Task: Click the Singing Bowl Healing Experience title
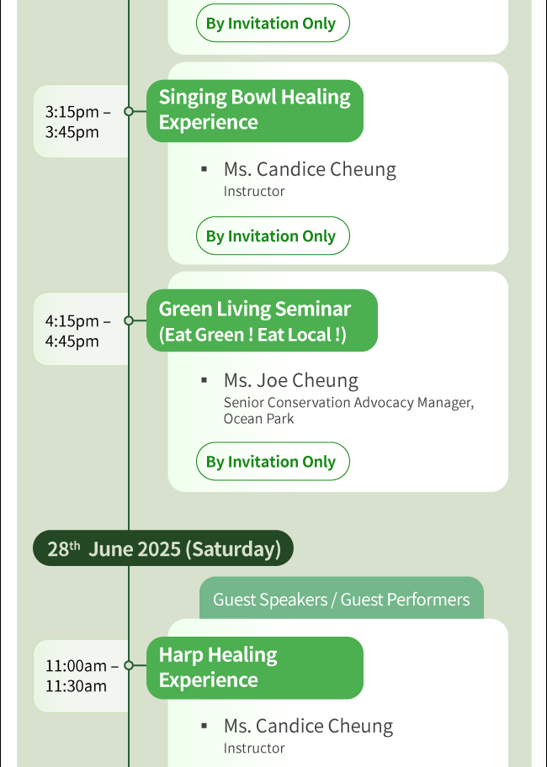[x=255, y=111]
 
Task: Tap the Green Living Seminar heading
[x=263, y=320]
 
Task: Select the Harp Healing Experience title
[x=255, y=668]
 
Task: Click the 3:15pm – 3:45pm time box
[x=81, y=121]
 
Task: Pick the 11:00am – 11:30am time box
[x=81, y=676]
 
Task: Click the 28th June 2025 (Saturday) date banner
[x=163, y=548]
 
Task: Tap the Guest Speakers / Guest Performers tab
[x=342, y=598]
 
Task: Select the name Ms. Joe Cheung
[x=291, y=380]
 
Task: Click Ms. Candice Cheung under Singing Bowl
[x=310, y=169]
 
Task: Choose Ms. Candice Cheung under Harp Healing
[x=308, y=727]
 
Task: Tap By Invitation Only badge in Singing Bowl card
[x=273, y=235]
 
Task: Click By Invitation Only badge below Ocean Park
[x=273, y=461]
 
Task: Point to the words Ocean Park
[x=259, y=419]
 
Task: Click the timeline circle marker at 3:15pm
[x=129, y=112]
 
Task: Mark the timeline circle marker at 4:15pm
[x=129, y=320]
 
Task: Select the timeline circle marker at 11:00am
[x=129, y=665]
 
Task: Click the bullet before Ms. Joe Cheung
[x=204, y=380]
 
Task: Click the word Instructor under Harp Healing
[x=254, y=748]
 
